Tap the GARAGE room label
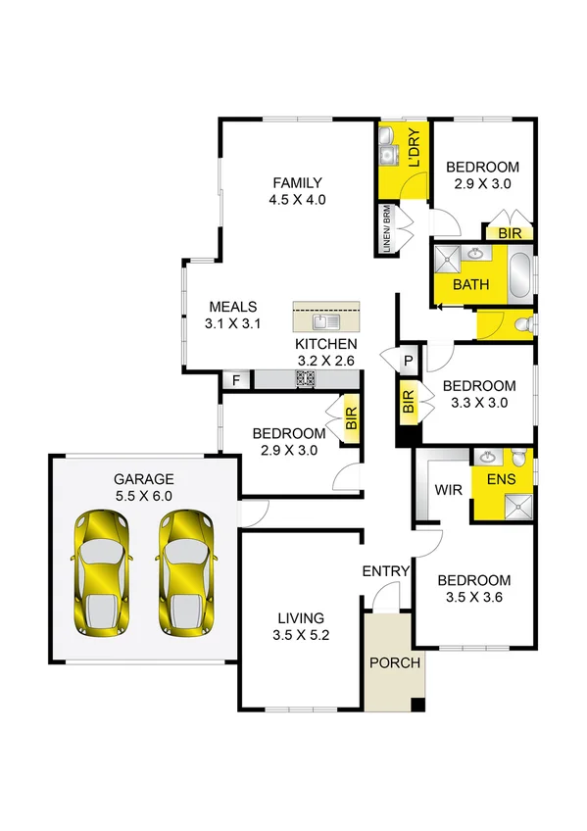click(143, 488)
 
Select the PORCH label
click(394, 662)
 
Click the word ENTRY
click(385, 571)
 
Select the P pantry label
click(408, 361)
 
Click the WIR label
click(448, 488)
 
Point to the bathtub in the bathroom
click(520, 273)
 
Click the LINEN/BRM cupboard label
click(387, 231)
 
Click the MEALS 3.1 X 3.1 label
click(231, 315)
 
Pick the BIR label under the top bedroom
click(510, 233)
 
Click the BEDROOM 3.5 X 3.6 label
click(474, 588)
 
